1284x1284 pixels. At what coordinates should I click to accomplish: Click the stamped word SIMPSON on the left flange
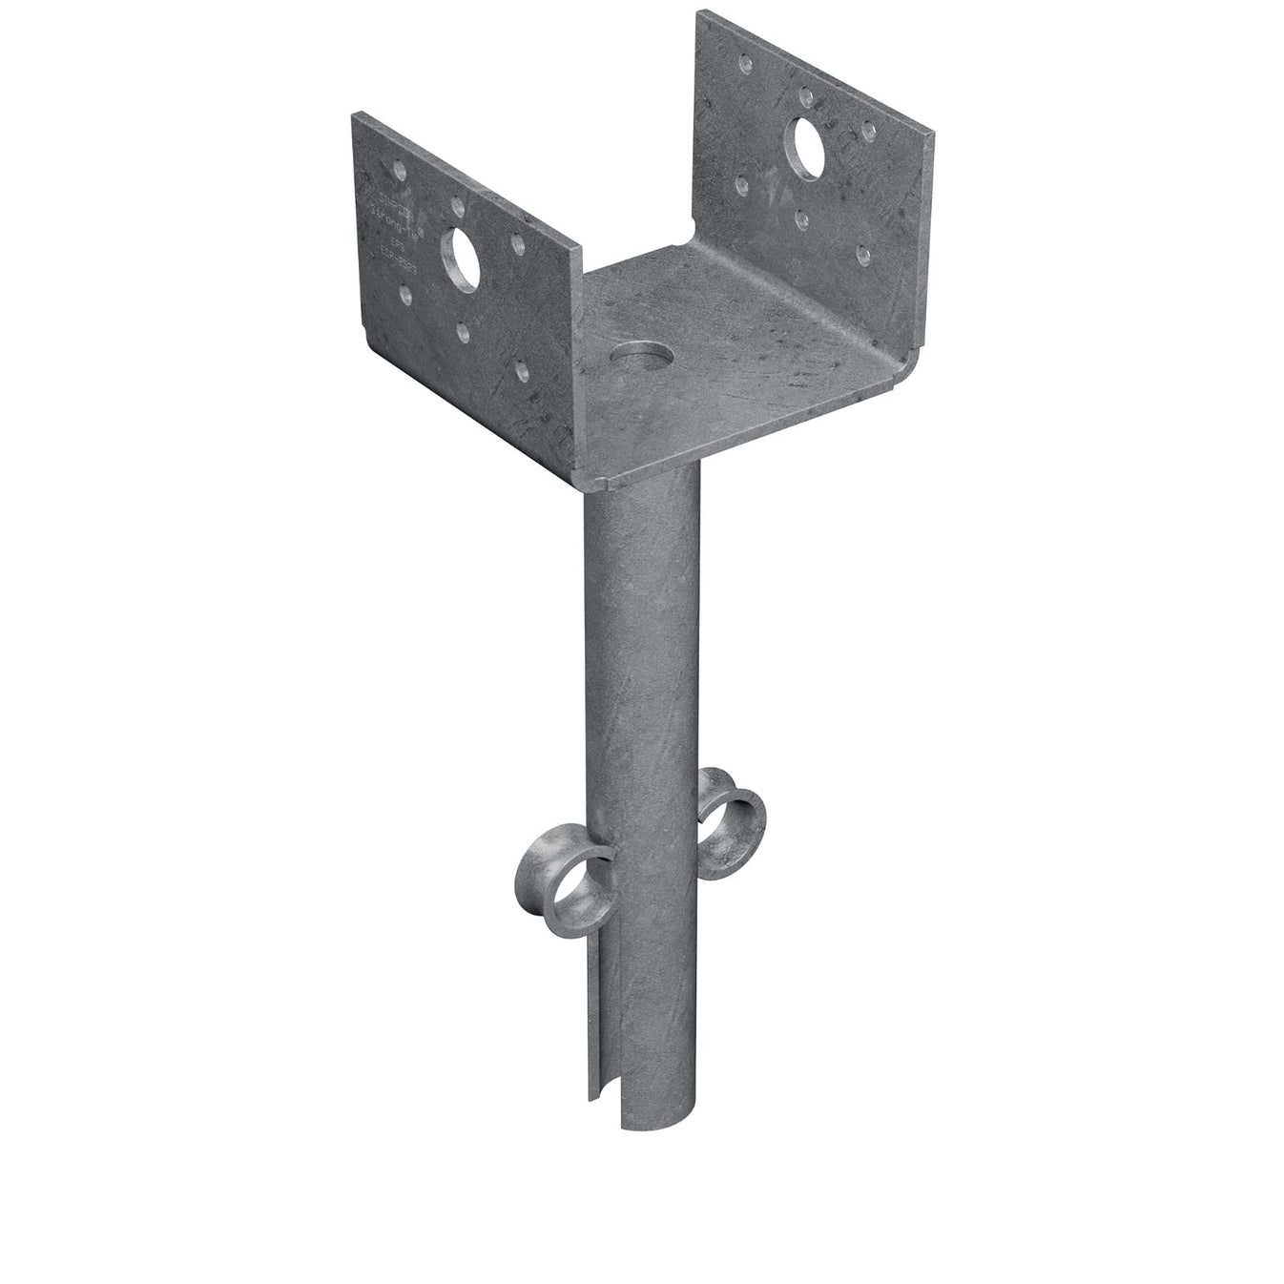tap(385, 180)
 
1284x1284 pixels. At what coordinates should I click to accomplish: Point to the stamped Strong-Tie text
tap(392, 201)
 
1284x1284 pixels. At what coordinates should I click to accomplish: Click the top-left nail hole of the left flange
tap(399, 173)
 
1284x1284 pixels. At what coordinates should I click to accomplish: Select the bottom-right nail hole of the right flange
tap(862, 254)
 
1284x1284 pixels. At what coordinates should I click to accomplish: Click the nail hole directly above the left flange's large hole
tap(458, 205)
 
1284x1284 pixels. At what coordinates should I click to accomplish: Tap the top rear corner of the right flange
tap(700, 13)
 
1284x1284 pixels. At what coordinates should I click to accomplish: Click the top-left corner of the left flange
tap(354, 115)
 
